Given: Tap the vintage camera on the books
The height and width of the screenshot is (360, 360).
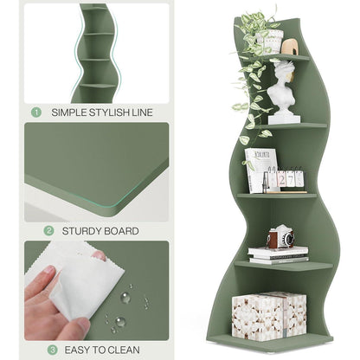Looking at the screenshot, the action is [x=281, y=238].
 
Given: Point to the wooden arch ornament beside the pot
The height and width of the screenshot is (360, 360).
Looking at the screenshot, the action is [x=290, y=48].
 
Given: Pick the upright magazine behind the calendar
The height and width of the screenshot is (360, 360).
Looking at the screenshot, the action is [x=260, y=170].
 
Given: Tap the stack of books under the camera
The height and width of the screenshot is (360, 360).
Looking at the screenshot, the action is [x=278, y=255].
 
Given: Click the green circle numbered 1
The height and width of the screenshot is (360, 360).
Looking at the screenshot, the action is [x=36, y=112].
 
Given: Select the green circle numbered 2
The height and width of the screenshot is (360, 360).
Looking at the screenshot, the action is [x=48, y=231].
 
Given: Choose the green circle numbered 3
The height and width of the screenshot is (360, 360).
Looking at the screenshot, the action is [x=52, y=350].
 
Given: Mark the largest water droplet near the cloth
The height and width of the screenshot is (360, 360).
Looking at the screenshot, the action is [x=120, y=321].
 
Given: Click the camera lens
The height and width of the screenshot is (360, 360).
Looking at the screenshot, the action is [x=288, y=239].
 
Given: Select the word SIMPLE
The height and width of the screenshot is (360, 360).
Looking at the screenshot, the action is [x=68, y=112].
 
